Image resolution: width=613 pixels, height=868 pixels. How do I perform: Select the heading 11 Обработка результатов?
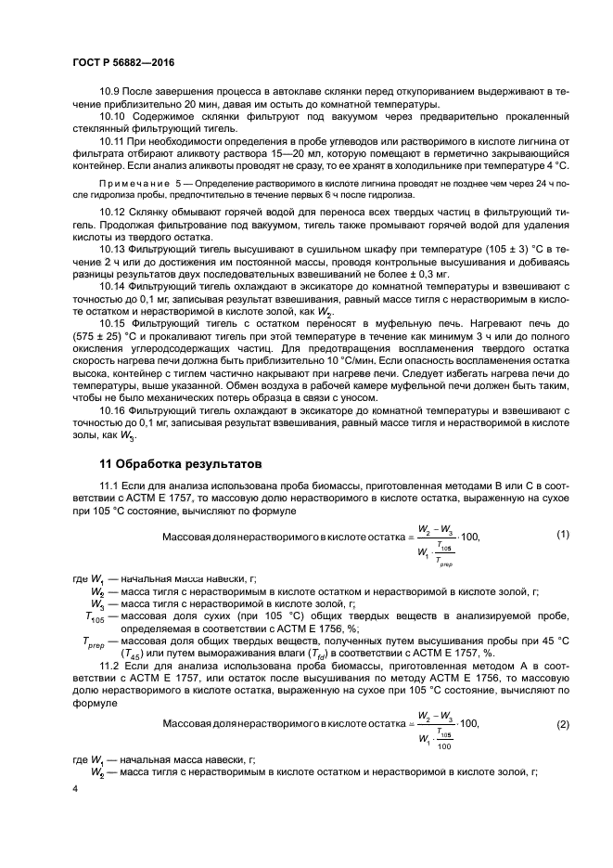tap(181, 462)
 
